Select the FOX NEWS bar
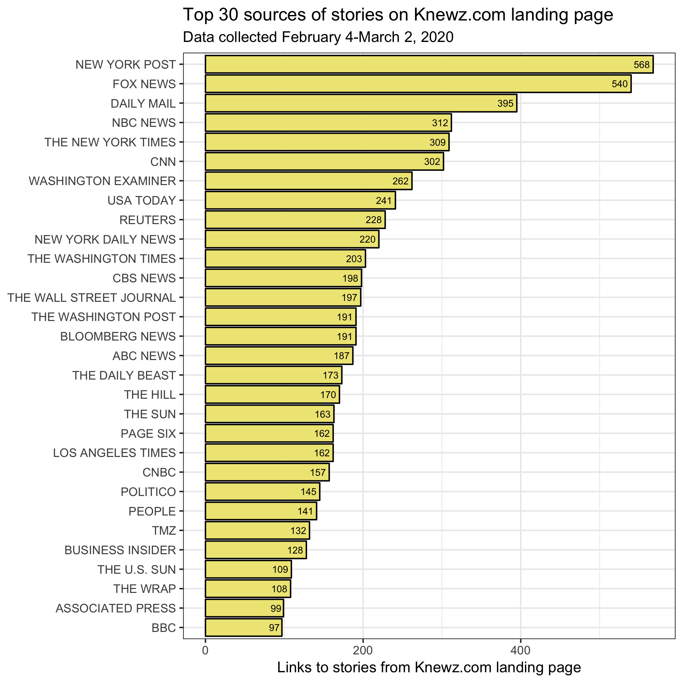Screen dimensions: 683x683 click(418, 84)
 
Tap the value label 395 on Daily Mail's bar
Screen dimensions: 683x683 click(505, 103)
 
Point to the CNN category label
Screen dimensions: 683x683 click(163, 162)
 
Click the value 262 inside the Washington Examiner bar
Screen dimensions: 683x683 click(401, 181)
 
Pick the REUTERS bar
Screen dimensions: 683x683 click(295, 220)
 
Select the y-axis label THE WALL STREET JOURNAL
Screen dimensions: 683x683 click(92, 298)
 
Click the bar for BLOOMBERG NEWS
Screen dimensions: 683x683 click(281, 336)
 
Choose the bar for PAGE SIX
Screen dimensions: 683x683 click(269, 434)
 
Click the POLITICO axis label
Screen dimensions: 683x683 click(148, 492)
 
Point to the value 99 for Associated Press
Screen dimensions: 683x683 click(276, 609)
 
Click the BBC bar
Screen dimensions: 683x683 click(244, 627)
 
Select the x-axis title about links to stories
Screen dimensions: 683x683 click(429, 667)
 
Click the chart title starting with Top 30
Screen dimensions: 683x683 click(398, 15)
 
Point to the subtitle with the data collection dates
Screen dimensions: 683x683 click(318, 37)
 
